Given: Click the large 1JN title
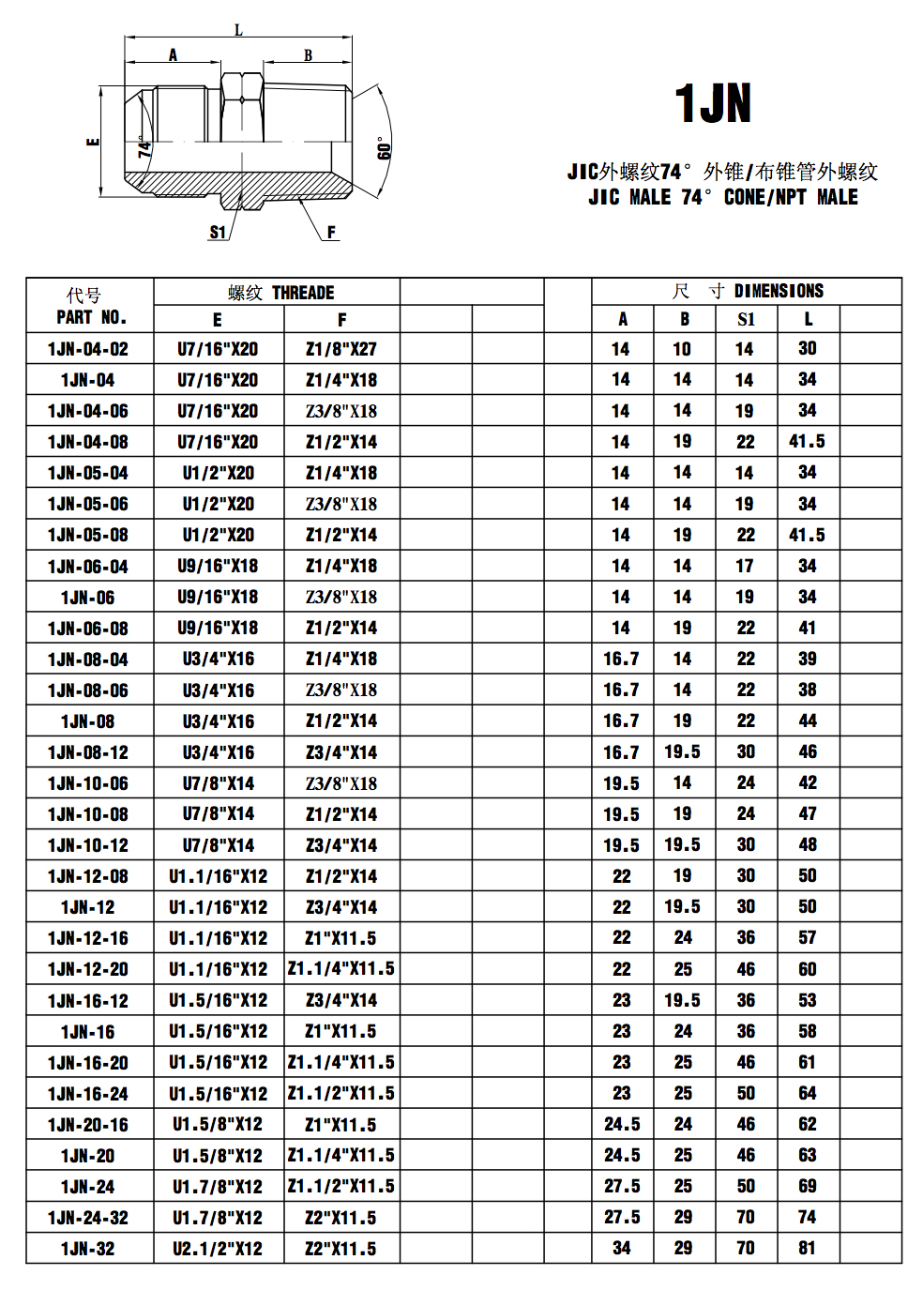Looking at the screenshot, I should tap(713, 103).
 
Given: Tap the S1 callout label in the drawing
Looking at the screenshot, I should tap(218, 232).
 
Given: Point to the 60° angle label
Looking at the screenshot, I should tap(384, 147).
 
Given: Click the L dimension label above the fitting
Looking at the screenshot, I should tap(238, 30).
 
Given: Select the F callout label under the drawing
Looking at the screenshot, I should tap(331, 232).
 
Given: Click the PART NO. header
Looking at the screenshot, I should tap(91, 317).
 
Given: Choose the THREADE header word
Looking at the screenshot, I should tap(303, 293).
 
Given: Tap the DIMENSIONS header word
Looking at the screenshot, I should tap(779, 291).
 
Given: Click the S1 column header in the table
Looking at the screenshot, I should tap(746, 319).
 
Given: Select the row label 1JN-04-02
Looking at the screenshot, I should tap(88, 349).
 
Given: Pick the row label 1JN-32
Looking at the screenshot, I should tap(88, 1249).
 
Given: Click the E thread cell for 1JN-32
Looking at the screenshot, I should tap(218, 1249).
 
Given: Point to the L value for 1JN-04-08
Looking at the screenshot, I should tap(807, 441).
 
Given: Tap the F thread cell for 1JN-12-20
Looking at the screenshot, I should tap(341, 968).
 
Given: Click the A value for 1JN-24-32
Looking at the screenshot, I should tap(622, 1217).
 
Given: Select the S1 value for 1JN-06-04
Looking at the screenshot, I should tap(745, 566).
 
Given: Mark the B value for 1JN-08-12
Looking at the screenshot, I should tap(682, 751).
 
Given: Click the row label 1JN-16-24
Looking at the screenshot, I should tap(88, 1094).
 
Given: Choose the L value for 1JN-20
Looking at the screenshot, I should tap(807, 1155).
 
